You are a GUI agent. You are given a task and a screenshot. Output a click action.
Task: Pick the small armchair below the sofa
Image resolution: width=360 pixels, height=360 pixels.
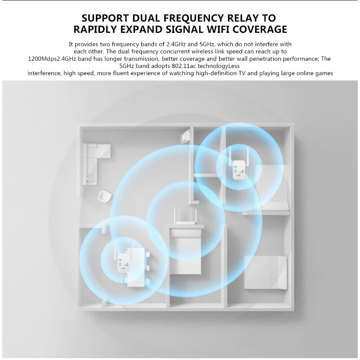pyautogui.click(x=105, y=196)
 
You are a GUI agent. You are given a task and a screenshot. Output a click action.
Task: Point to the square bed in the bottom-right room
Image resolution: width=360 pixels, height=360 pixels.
pyautogui.click(x=265, y=272)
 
